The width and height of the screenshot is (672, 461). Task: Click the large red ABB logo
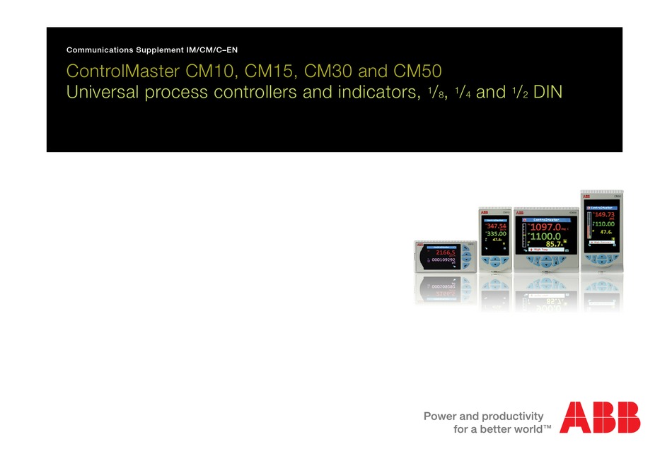[600, 417]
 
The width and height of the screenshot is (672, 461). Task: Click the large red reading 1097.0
[548, 227]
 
